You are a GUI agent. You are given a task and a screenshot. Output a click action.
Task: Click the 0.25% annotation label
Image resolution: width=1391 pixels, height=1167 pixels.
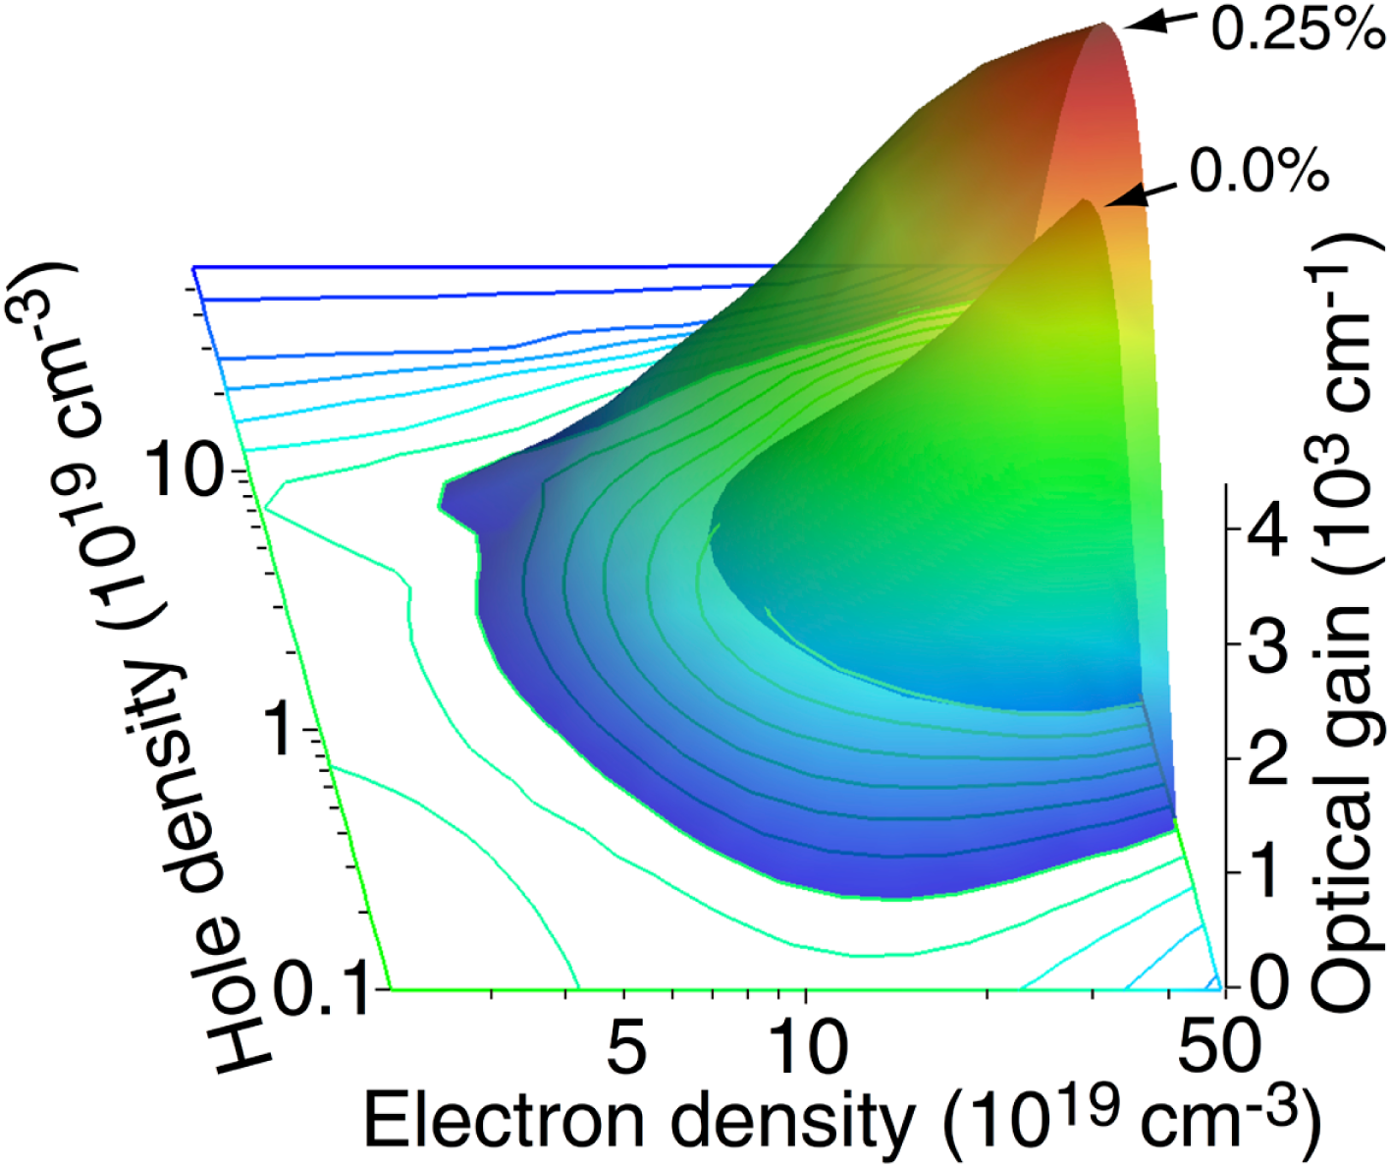[x=1296, y=29]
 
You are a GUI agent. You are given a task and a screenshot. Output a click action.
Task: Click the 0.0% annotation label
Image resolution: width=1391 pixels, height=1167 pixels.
[x=1258, y=172]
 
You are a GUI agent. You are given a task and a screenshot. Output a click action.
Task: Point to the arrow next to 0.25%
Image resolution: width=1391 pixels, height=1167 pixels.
[x=1160, y=22]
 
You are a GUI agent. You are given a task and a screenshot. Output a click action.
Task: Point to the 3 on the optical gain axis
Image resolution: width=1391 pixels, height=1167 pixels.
[x=1268, y=646]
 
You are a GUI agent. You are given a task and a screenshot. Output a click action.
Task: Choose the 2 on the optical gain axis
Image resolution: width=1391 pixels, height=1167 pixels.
[x=1268, y=758]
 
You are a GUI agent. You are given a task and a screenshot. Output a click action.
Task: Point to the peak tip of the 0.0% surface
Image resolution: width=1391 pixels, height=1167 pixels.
[x=1086, y=201]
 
